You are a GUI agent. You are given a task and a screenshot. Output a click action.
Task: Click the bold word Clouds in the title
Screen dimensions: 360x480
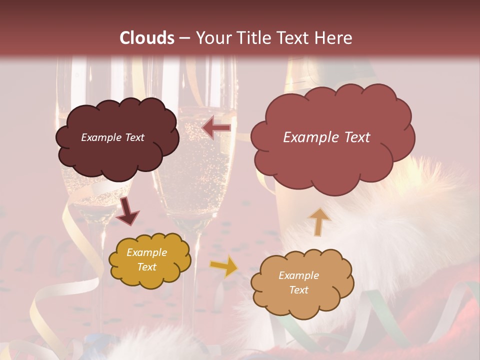coord(147,38)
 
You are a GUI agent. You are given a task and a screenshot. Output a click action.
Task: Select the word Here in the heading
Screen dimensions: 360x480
coord(334,38)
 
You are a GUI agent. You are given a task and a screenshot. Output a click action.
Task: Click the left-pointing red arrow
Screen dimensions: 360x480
coord(216,128)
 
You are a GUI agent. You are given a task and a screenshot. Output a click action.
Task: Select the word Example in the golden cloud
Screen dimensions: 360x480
coord(147,252)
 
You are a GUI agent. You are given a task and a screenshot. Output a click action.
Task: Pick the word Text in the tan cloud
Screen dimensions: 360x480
coord(299,290)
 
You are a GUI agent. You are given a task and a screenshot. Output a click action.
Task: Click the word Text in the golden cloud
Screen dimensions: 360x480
coord(147,267)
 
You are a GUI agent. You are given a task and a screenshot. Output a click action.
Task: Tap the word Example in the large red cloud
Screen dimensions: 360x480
coord(311,137)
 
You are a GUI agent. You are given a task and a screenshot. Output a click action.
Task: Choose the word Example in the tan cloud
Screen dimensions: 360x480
coord(299,275)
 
